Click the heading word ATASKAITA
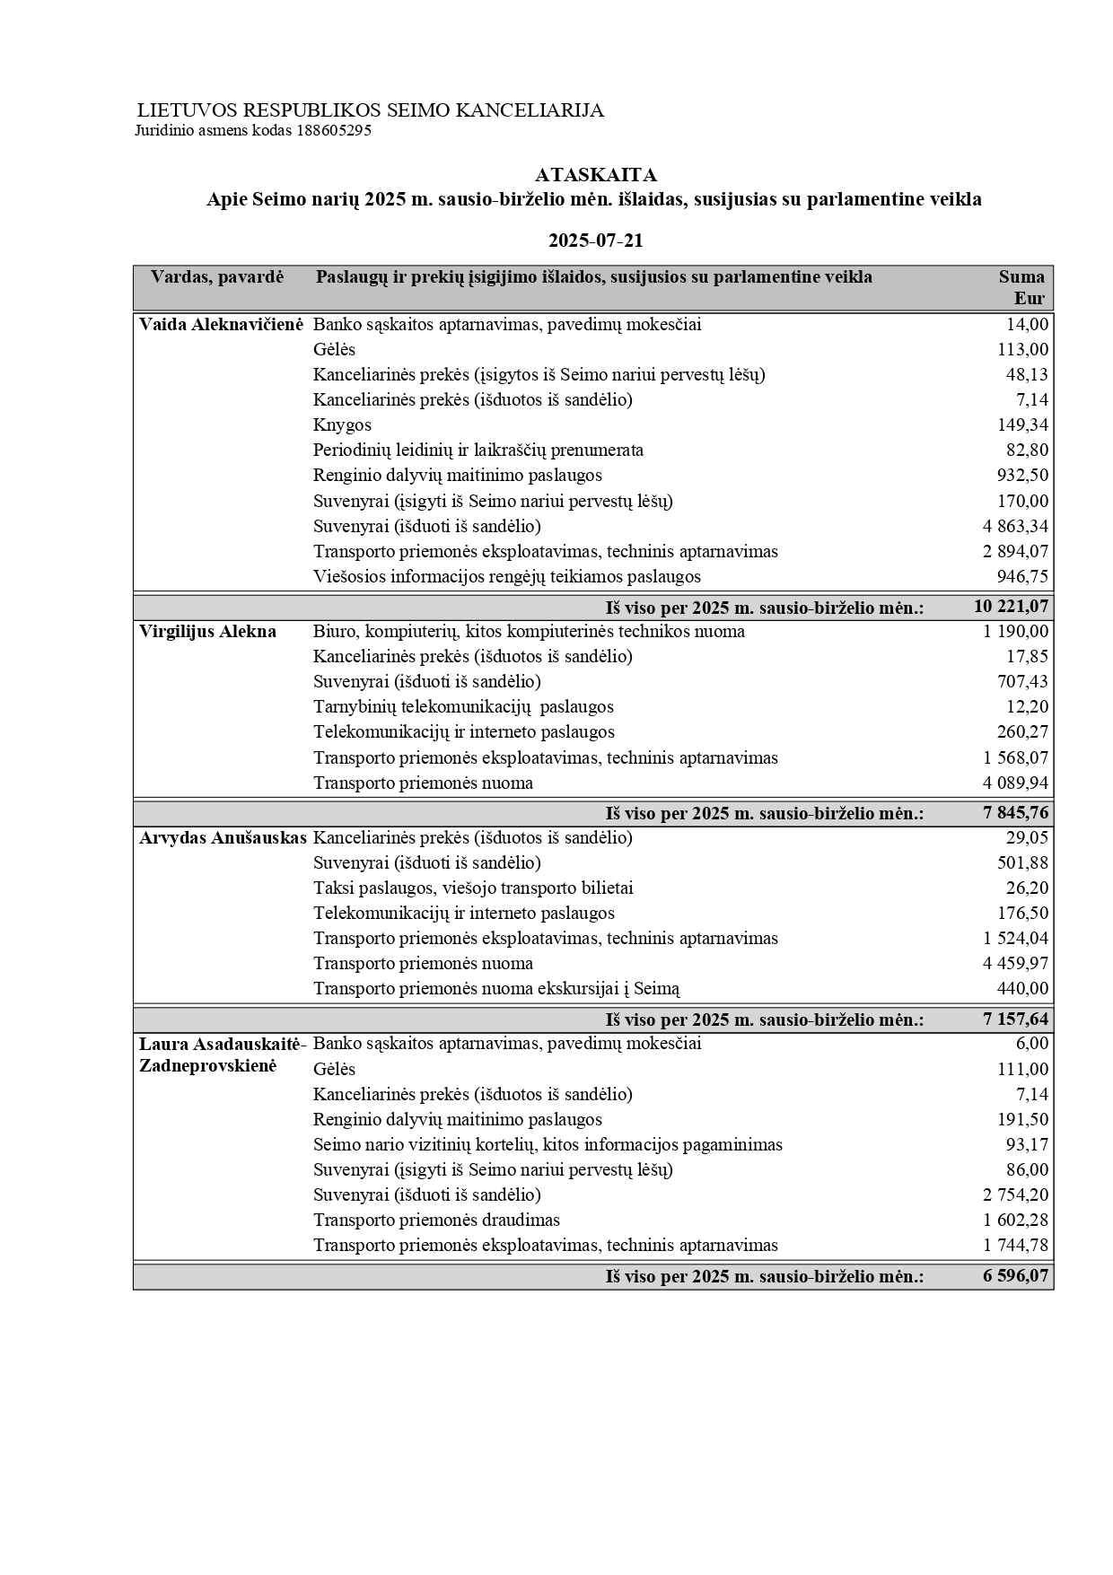[595, 175]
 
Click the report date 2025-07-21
[595, 241]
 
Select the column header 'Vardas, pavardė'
[217, 277]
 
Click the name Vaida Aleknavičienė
[222, 325]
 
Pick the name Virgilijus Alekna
[207, 632]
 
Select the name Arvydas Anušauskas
[223, 838]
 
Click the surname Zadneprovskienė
[207, 1066]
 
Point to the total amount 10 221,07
[1011, 608]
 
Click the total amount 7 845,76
[1015, 814]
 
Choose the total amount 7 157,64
[1015, 1020]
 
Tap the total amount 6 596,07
[1015, 1276]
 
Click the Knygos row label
[342, 425]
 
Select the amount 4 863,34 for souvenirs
[1015, 527]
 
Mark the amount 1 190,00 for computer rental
[1015, 632]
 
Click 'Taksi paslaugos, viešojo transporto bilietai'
[473, 888]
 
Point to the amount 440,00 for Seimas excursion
[1023, 989]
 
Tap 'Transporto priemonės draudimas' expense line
[436, 1221]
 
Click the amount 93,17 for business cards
[1027, 1145]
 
